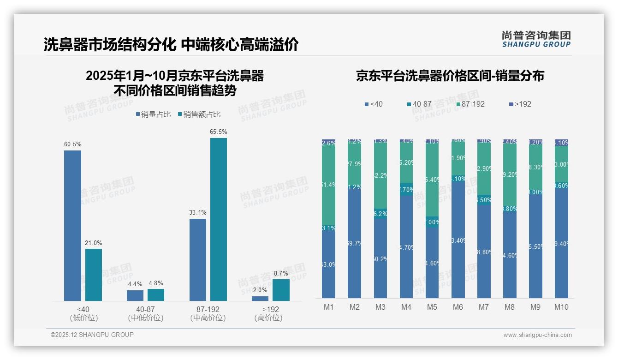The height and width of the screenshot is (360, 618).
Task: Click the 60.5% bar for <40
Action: coord(72,226)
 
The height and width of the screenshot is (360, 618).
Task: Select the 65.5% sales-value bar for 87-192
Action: coord(219,219)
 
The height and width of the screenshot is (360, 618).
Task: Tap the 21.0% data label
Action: coord(93,243)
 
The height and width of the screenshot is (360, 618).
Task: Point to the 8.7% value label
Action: coord(280,274)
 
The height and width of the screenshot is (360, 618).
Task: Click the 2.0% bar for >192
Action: coord(260,299)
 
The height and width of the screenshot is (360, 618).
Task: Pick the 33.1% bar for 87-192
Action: coord(198,259)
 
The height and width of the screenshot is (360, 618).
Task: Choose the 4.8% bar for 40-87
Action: coord(156,295)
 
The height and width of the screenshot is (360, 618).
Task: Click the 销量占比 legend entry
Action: coord(153,114)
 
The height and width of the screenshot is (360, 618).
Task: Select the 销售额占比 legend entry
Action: coord(199,114)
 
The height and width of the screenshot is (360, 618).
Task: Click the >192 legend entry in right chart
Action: coord(520,104)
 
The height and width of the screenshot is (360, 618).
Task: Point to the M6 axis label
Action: coord(458,307)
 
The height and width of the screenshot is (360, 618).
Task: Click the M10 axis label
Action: coord(561,307)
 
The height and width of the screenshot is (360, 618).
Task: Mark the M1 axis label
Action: coord(329,307)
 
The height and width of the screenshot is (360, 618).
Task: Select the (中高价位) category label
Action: coord(208,318)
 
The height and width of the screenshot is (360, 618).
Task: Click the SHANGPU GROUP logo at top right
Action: coord(536,39)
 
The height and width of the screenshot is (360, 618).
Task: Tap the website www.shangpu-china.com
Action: coord(537,335)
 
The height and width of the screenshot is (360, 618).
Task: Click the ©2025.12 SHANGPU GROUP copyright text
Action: coord(92,335)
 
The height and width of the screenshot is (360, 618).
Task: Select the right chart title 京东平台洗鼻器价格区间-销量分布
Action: coord(450,76)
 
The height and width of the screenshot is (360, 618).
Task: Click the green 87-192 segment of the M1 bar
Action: coord(329,185)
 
